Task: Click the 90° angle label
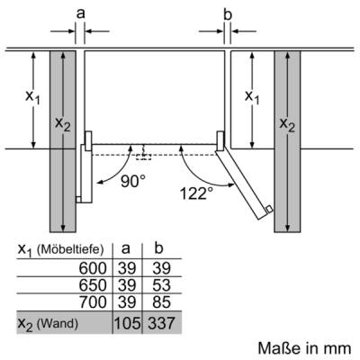coord(133,181)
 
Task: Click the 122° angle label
coord(196,193)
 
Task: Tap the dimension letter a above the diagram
coord(80,13)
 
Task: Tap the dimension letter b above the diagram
coord(228,14)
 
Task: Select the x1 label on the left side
coord(32,97)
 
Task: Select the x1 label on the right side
coord(252,97)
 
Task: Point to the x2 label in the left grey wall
coord(63,124)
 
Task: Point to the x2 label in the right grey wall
coord(287,124)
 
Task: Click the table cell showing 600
coord(93,268)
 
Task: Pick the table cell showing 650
coord(93,285)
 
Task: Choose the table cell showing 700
coord(93,301)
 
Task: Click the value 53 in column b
coord(161,285)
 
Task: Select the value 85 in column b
coord(161,301)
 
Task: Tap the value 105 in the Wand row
coord(127,323)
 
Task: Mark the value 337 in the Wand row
coord(161,323)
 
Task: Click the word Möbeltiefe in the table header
coord(69,249)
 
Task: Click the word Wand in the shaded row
coord(58,324)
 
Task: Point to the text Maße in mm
coord(304,348)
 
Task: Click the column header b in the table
coord(158,248)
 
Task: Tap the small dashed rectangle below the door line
coord(143,157)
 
